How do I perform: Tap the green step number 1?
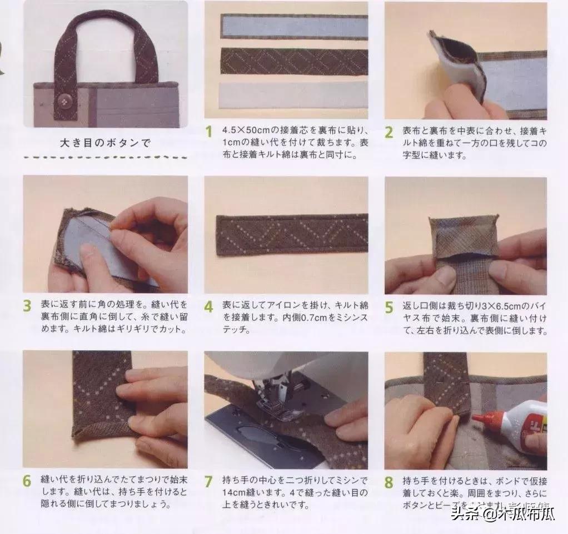pos(209,132)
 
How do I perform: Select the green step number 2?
pos(389,132)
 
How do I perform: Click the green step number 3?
pos(27,306)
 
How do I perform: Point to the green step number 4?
pos(209,306)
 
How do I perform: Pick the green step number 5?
pos(389,306)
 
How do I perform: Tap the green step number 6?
pos(27,481)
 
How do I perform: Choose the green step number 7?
pos(209,481)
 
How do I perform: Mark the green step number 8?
pos(389,481)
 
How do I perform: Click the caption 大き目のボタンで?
pos(105,143)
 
